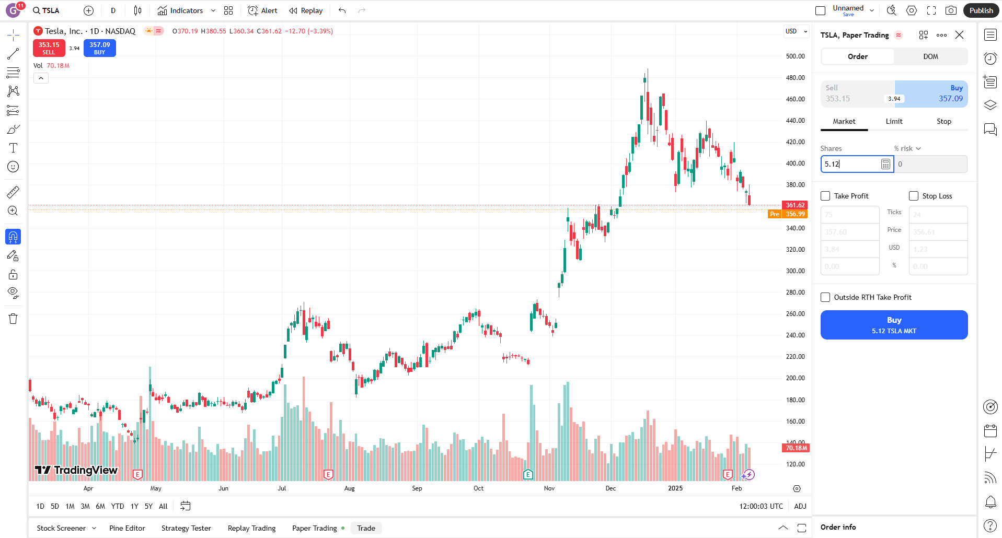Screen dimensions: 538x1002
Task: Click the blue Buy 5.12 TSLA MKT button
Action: point(894,325)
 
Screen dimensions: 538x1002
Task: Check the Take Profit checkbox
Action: point(826,196)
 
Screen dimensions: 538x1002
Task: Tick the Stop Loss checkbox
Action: point(914,196)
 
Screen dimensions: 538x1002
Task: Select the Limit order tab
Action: point(894,121)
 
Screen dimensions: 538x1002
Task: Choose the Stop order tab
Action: point(943,121)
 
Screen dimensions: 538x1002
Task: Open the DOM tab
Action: point(930,56)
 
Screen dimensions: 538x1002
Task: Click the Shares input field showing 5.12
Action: point(851,164)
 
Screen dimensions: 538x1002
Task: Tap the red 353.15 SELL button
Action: point(49,48)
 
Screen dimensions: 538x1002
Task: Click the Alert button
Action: point(262,10)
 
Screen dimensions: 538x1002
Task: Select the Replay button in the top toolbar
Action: point(306,10)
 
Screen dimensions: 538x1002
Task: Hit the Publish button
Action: point(981,10)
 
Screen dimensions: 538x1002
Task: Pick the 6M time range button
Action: point(100,506)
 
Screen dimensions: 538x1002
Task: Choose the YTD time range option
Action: point(118,506)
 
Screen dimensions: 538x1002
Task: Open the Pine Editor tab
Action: point(127,528)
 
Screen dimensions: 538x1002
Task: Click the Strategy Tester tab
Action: point(186,528)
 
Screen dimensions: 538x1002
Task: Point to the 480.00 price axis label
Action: point(795,78)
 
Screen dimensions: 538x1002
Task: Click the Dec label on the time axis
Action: point(611,488)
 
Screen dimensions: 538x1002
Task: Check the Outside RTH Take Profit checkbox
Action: point(826,297)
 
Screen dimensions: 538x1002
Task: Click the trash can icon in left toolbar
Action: point(13,319)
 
